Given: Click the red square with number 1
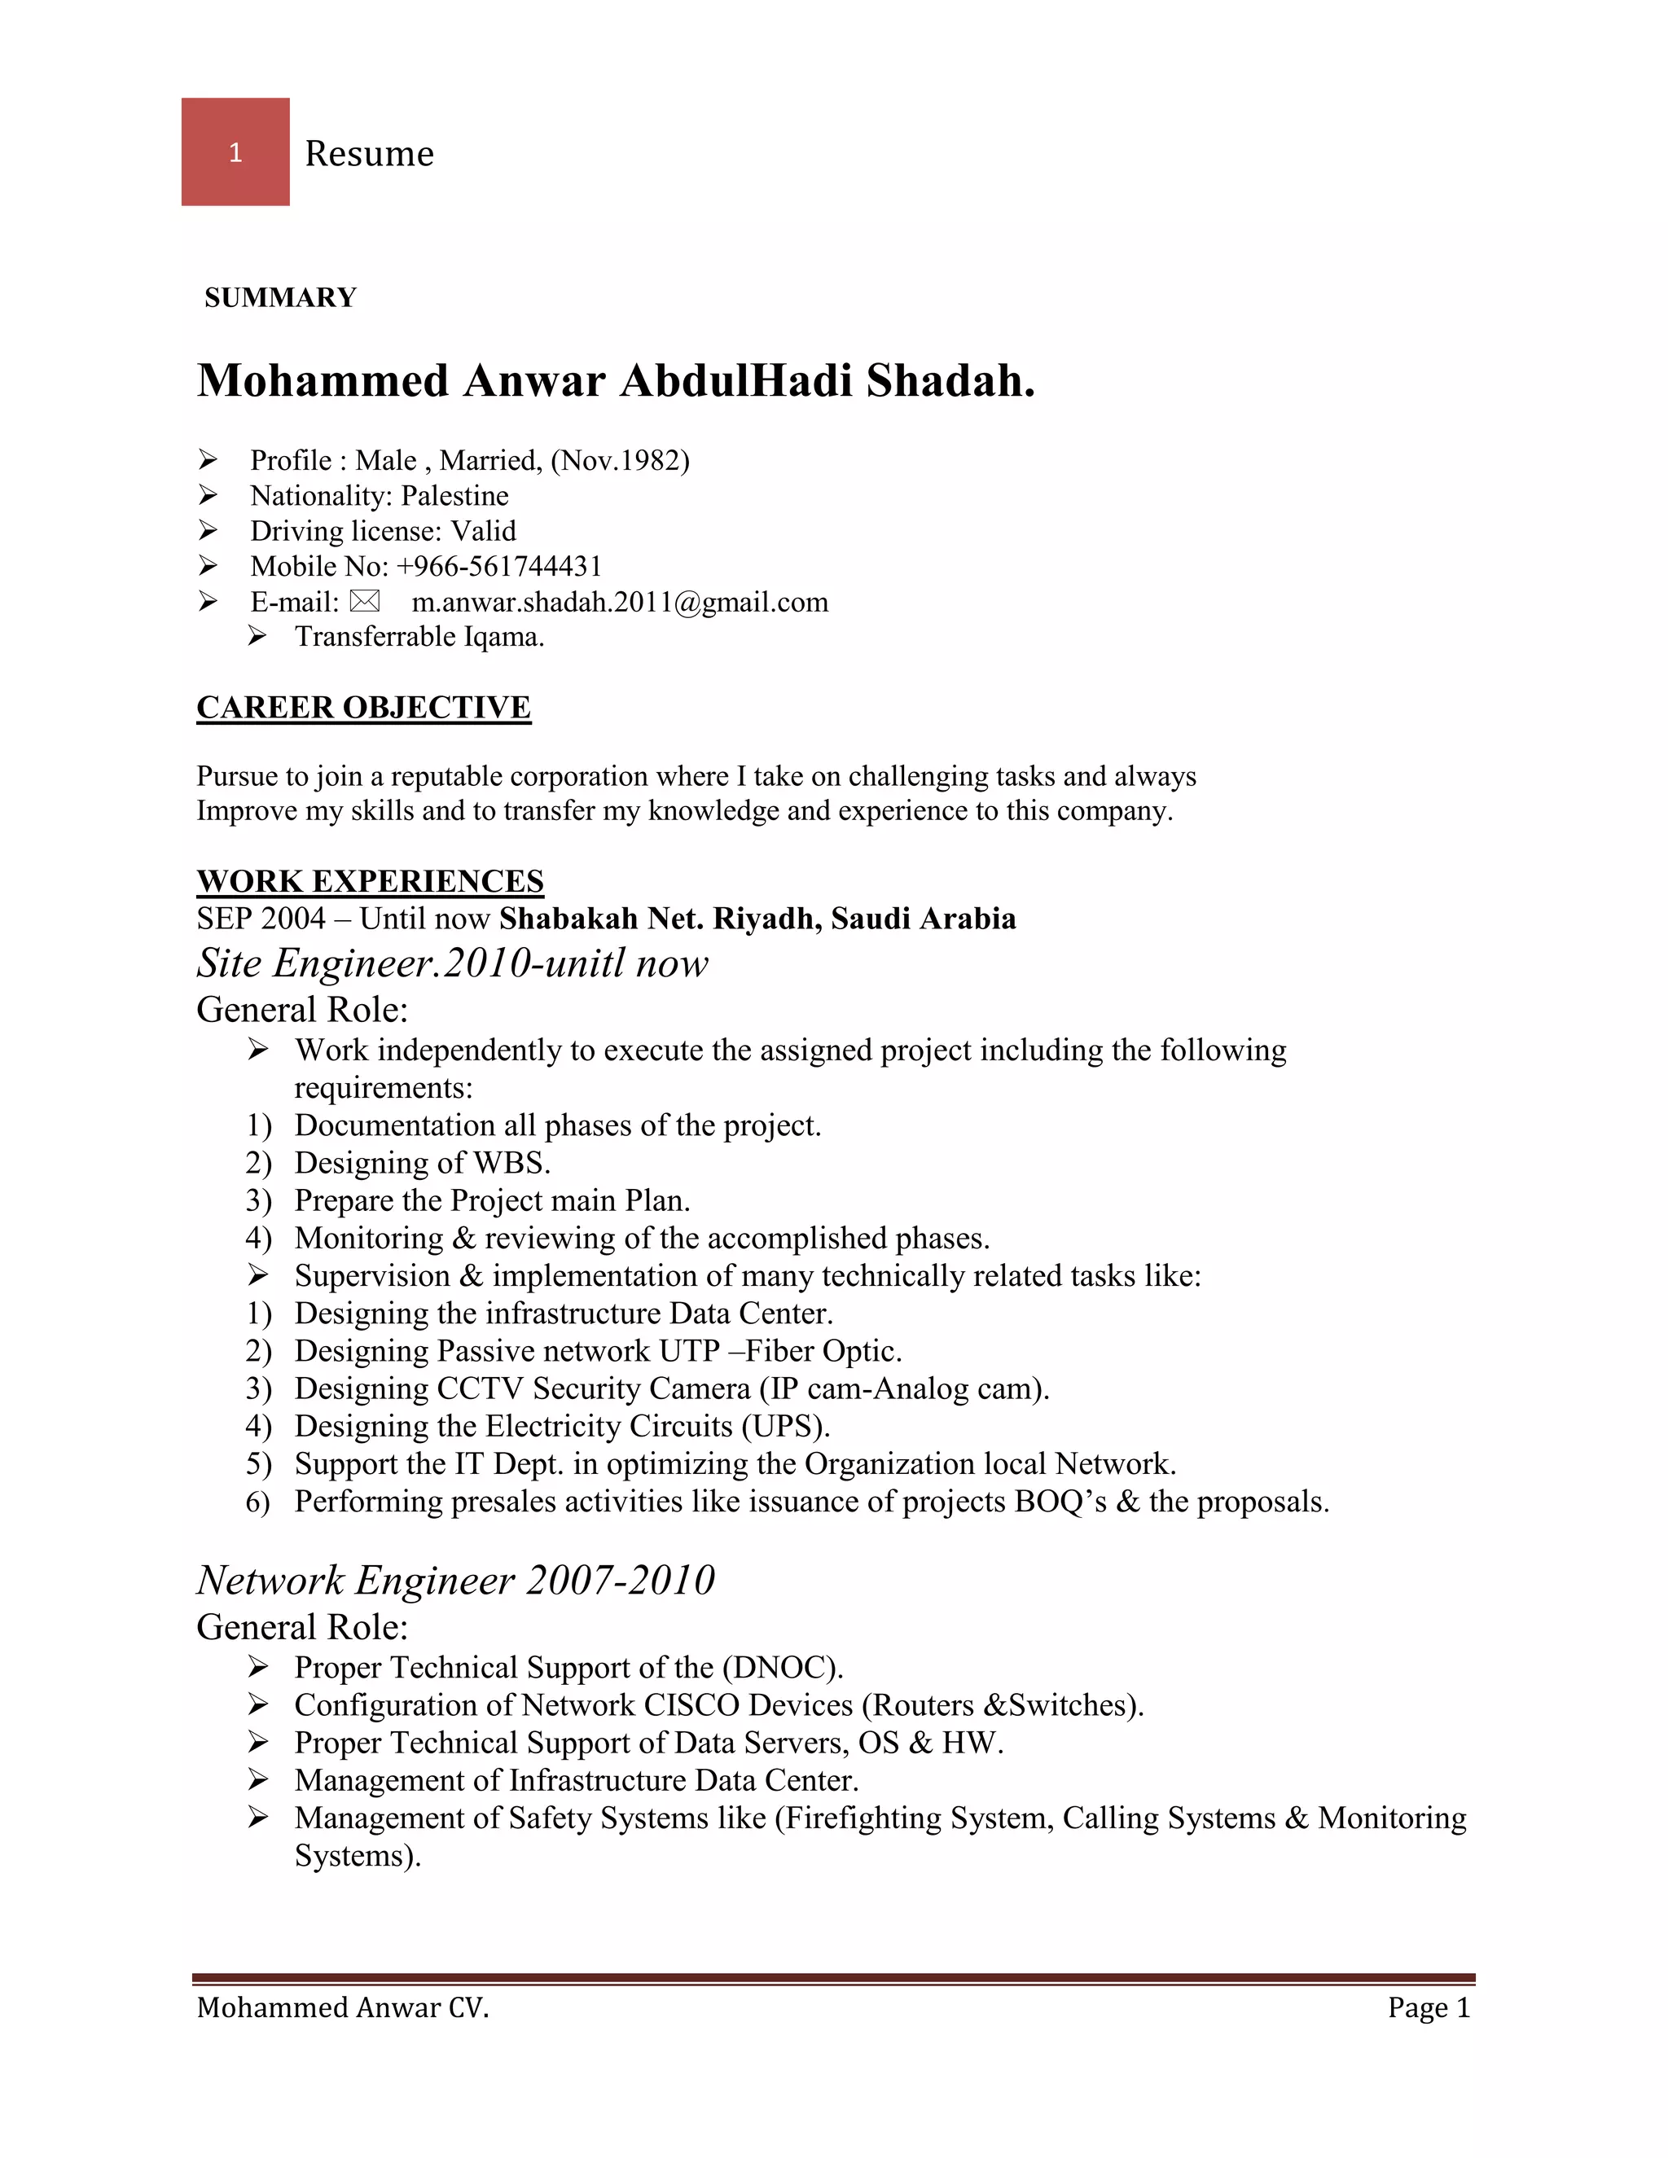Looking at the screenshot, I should [235, 151].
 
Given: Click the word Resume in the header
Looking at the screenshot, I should [369, 153].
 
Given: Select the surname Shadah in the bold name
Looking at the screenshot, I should [950, 380].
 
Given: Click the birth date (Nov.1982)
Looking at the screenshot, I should [620, 460].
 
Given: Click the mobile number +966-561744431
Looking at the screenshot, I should [499, 566].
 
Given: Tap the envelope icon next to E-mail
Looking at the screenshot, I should [365, 601].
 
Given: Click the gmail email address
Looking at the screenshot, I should [620, 602].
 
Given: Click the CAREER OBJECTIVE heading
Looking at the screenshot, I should [363, 708].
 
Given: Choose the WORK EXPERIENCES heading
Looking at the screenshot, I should [370, 880].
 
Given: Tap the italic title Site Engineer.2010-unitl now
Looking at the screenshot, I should [451, 963].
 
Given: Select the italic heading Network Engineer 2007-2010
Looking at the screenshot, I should [455, 1579].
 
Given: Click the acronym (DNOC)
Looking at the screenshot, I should [782, 1668].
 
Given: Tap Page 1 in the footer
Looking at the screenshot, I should [1428, 2008].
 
